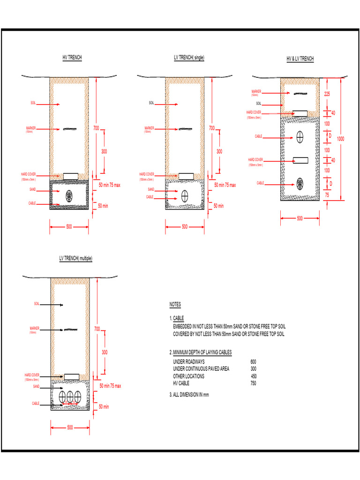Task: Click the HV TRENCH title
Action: pos(72,57)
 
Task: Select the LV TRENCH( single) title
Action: pos(188,57)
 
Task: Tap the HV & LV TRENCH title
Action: pos(300,59)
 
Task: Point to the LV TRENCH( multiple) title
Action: pos(75,258)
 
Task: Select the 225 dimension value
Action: pos(327,94)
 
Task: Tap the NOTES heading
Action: pos(175,305)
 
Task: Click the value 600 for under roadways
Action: pos(253,362)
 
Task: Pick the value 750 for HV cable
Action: pos(253,383)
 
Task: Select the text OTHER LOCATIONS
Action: pos(188,376)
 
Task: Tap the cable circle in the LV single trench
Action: pos(186,195)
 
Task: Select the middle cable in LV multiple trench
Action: pos(71,397)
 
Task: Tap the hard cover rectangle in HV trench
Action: pos(71,175)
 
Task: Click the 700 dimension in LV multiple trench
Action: pos(97,328)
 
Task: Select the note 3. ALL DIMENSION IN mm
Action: pos(189,395)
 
